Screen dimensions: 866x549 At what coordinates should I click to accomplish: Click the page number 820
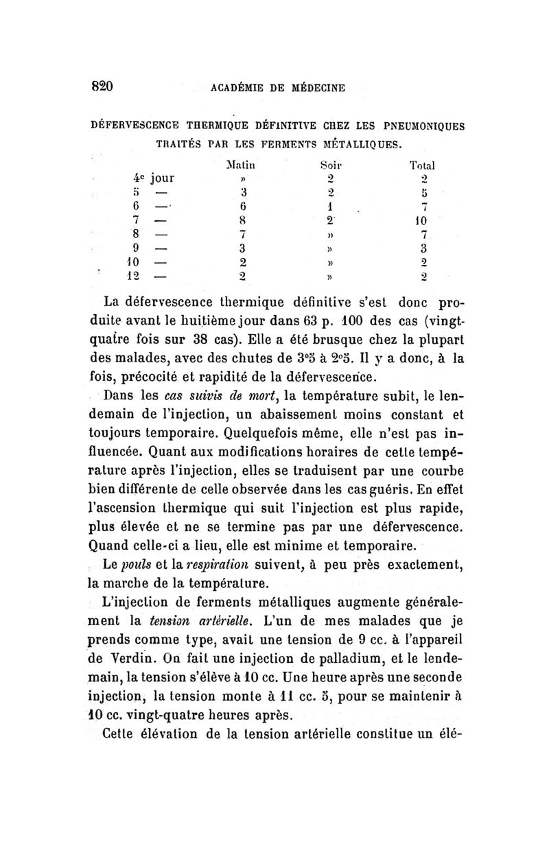point(100,87)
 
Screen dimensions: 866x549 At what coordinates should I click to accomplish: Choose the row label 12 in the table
point(151,277)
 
